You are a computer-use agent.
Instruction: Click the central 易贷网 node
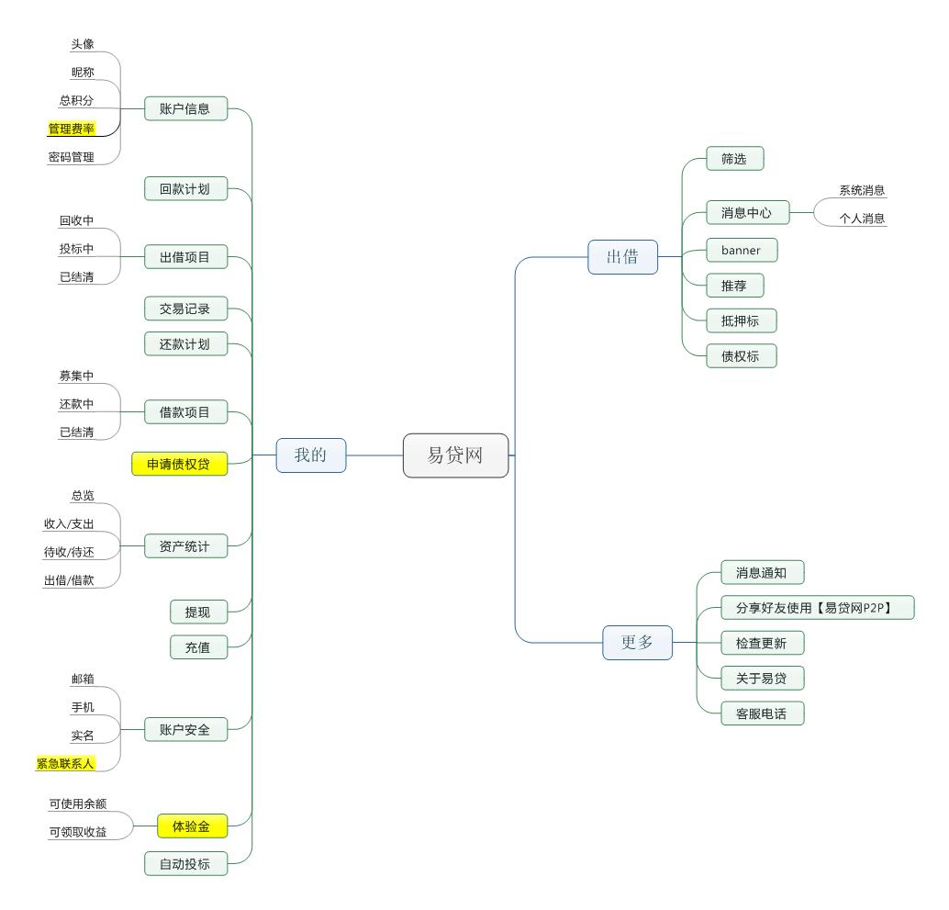[455, 455]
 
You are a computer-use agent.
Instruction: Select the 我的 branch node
[311, 455]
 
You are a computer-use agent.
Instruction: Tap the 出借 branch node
[623, 257]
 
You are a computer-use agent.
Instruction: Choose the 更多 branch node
[637, 643]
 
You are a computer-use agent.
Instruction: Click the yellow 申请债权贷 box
[179, 465]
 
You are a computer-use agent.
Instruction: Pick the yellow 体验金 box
[192, 827]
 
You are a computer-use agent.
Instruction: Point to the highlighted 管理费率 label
[72, 129]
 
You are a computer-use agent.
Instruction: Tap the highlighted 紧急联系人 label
[66, 763]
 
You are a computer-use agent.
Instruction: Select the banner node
[742, 250]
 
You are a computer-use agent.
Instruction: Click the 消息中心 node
[746, 213]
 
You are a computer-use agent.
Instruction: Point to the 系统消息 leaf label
[862, 191]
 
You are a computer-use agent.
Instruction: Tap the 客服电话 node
[762, 713]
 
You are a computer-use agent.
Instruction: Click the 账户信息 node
[185, 108]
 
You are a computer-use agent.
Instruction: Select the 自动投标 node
[185, 863]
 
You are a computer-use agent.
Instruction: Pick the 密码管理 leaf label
[72, 157]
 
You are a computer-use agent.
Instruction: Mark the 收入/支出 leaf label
[69, 523]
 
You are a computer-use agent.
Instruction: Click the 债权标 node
[741, 356]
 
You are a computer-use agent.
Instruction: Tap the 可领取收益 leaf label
[77, 833]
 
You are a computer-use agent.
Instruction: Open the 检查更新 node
[762, 643]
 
